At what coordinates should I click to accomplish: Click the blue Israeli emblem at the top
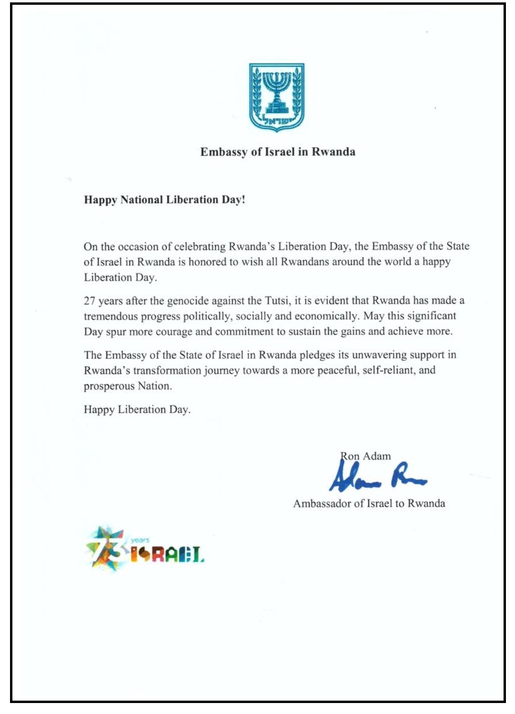pos(277,97)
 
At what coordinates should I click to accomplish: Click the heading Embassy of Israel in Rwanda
pos(278,152)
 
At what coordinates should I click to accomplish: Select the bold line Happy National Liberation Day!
pos(165,199)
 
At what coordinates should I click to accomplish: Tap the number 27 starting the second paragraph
pos(90,301)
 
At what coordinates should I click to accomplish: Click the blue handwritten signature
pos(377,477)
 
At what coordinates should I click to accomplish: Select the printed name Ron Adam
pos(366,456)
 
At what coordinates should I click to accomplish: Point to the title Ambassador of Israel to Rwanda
pos(369,504)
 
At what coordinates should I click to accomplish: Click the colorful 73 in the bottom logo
pos(106,549)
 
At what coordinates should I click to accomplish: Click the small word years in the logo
pos(140,540)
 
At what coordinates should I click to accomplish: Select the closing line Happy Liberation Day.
pos(137,409)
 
